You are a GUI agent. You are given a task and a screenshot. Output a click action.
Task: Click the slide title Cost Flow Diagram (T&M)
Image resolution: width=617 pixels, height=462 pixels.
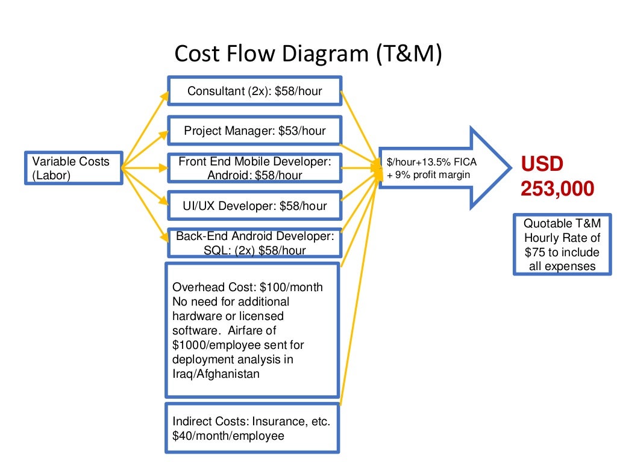308,54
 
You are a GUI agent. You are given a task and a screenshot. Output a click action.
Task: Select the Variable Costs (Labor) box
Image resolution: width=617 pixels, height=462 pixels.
72,168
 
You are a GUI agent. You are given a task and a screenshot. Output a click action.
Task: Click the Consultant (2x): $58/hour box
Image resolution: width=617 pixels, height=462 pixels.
255,91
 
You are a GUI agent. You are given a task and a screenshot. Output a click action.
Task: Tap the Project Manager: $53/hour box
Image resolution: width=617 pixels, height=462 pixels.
255,131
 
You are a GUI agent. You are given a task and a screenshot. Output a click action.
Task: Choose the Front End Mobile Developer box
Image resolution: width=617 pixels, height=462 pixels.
255,168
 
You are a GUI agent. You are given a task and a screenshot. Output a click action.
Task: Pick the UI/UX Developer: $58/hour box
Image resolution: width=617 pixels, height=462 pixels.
255,206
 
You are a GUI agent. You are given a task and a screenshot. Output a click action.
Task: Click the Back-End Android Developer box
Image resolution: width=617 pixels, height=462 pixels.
255,243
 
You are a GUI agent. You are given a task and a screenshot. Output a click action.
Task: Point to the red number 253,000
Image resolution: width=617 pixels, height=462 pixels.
557,188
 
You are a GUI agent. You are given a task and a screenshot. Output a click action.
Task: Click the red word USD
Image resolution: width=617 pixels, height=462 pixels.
542,164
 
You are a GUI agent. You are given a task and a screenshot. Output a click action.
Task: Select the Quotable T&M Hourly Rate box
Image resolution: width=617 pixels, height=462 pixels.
562,244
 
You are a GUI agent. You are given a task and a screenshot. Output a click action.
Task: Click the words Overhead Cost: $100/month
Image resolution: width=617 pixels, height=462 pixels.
247,287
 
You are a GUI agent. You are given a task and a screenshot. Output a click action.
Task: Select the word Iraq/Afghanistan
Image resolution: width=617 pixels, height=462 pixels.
216,374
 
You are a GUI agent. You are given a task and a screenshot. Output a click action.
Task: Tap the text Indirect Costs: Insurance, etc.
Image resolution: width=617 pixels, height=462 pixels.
251,421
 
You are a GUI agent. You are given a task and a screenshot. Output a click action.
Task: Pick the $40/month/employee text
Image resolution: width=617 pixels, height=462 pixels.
228,436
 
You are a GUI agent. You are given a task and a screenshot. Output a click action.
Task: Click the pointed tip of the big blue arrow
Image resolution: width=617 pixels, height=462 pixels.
511,168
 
